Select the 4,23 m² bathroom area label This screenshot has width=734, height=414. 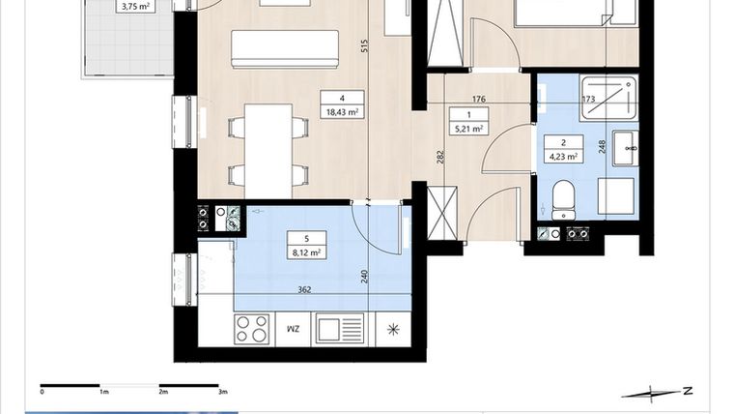tap(564, 154)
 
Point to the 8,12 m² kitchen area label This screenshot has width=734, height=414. tap(305, 252)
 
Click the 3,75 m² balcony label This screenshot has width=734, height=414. tap(134, 6)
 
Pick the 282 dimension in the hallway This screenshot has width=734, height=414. tap(440, 157)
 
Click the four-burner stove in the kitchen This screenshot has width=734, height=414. tap(253, 329)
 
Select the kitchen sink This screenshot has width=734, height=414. tap(341, 329)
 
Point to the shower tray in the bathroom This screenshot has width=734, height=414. tap(608, 98)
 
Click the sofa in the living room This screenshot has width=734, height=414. tap(285, 48)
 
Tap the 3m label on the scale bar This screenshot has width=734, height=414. tap(222, 393)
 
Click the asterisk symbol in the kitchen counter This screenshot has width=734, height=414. tap(392, 329)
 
